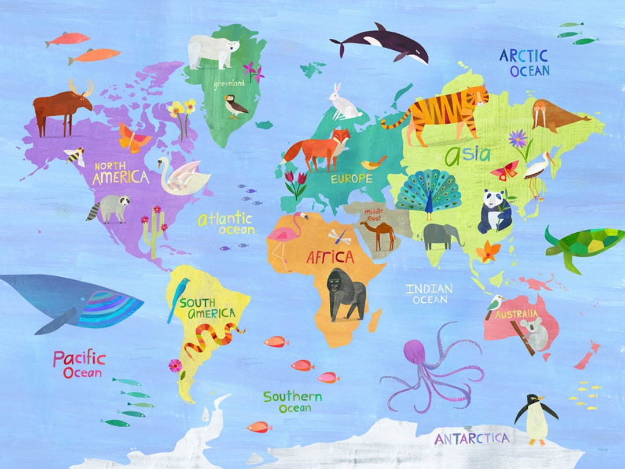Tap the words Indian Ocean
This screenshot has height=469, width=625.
tap(429, 294)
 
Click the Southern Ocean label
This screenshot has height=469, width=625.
tap(293, 402)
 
